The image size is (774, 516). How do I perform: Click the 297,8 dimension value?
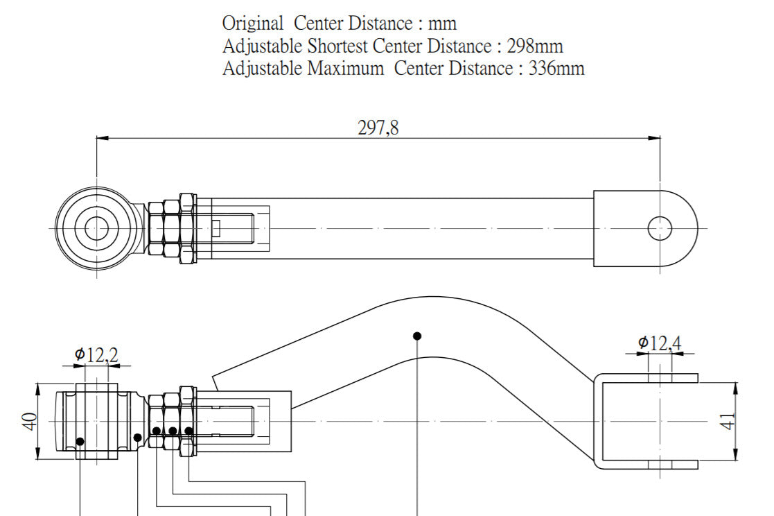tap(378, 128)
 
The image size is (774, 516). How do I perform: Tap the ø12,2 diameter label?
tap(97, 354)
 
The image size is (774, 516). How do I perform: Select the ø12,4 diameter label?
tap(660, 343)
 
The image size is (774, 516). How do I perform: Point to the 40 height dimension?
tap(30, 421)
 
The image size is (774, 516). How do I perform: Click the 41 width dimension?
tap(728, 421)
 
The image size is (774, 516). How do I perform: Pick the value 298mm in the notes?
tap(535, 46)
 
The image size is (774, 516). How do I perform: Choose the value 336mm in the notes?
tap(556, 68)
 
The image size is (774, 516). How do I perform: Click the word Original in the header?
tap(253, 23)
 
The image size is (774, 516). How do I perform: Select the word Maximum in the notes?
tap(346, 68)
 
